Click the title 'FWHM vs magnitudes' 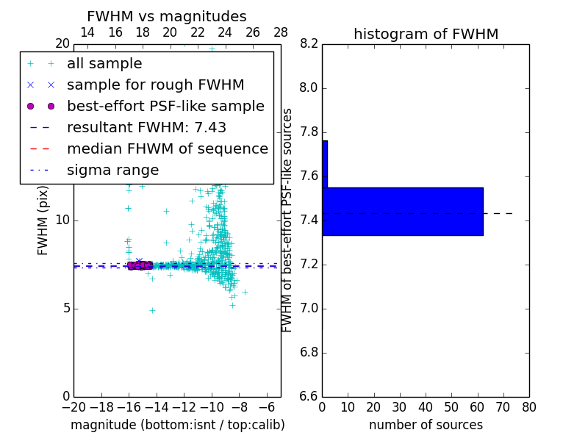click(166, 16)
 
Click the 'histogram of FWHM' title click(426, 34)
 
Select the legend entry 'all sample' click(104, 64)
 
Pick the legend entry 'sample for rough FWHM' click(155, 85)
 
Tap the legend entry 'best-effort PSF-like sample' click(165, 106)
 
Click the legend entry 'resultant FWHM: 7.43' click(146, 127)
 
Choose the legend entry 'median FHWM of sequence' click(167, 148)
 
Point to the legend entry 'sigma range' click(112, 171)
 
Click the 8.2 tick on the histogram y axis click(309, 44)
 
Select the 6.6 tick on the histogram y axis click(309, 397)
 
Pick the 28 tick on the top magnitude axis click(281, 32)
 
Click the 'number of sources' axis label click(426, 425)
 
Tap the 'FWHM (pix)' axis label click(43, 220)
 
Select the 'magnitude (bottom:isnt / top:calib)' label click(177, 425)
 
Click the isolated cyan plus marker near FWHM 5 click(152, 310)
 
